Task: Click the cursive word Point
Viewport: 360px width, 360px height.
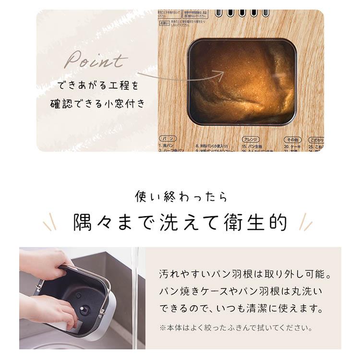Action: click(x=96, y=61)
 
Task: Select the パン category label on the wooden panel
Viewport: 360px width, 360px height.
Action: click(x=168, y=139)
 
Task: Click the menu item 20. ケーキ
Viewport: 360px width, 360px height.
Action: click(x=292, y=145)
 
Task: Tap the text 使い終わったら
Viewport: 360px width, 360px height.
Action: click(x=180, y=197)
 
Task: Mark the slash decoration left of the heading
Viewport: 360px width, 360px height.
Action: click(x=50, y=222)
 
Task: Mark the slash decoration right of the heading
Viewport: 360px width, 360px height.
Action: click(x=305, y=222)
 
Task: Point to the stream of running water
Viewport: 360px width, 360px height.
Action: click(x=135, y=298)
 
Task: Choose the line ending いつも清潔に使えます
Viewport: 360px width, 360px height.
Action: click(x=240, y=308)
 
